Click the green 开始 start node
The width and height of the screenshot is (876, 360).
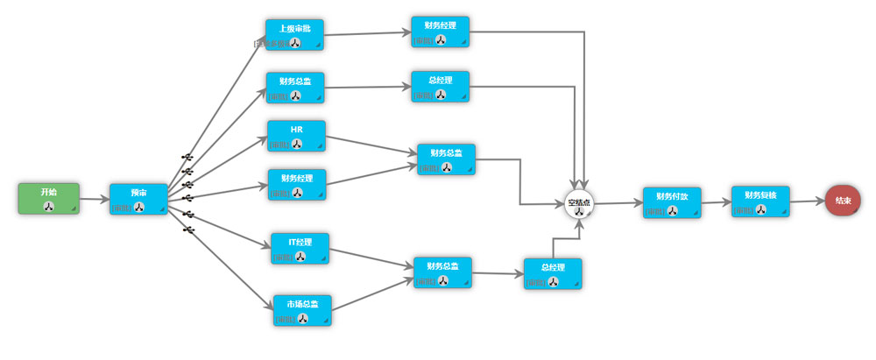(48, 198)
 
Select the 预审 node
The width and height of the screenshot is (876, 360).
(138, 199)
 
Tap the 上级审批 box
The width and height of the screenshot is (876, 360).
(294, 34)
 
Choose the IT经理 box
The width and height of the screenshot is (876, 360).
(300, 248)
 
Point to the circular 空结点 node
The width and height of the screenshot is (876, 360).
(579, 204)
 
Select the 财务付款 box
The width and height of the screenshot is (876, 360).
(672, 201)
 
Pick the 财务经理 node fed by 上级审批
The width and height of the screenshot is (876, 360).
(441, 31)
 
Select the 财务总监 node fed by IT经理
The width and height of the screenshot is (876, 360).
(442, 272)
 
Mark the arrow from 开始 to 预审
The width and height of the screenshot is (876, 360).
(95, 200)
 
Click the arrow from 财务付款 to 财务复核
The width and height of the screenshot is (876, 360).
(717, 201)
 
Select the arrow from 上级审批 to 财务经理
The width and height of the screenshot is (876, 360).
(368, 34)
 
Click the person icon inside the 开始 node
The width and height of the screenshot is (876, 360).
(48, 207)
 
